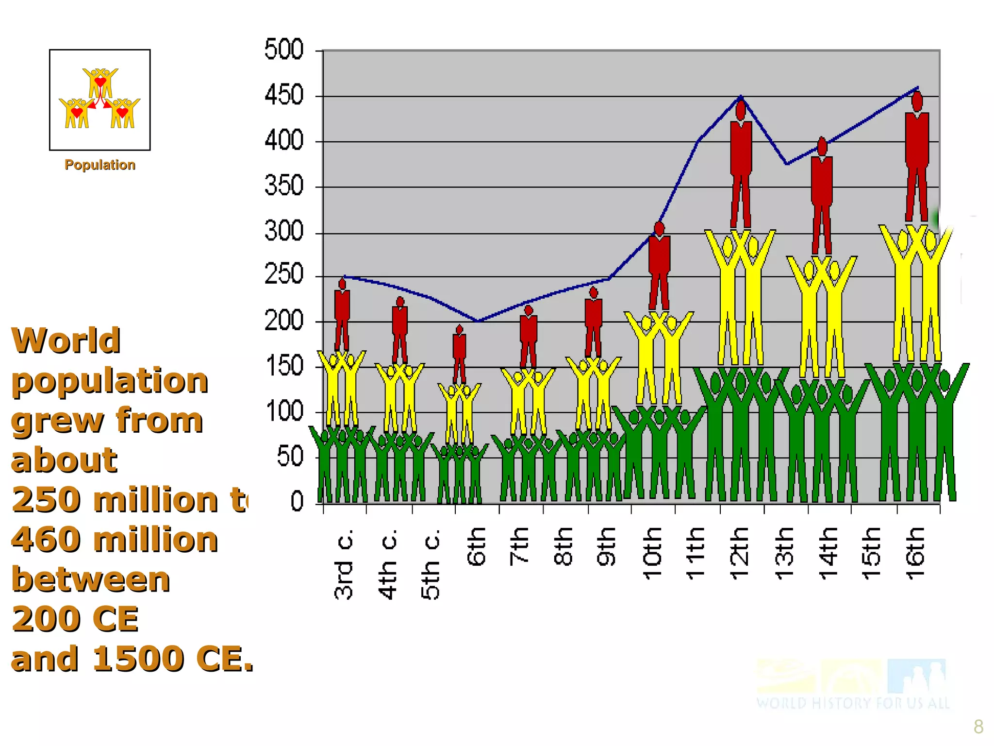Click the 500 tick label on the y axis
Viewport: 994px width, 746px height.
(x=284, y=50)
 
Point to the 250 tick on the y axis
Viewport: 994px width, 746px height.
(x=284, y=275)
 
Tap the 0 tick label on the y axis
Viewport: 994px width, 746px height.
(x=297, y=501)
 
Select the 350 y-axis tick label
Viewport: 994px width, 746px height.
(x=284, y=186)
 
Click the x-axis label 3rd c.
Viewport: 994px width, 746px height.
(x=344, y=563)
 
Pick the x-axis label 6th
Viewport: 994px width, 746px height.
(x=477, y=546)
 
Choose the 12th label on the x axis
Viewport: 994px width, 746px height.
(x=740, y=553)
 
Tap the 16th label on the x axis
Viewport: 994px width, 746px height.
(x=915, y=553)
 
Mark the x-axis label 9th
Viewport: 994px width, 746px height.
(x=607, y=546)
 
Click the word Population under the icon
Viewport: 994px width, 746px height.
(x=100, y=165)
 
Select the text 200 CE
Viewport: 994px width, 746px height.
(x=75, y=619)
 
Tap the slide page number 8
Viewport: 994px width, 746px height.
(x=978, y=727)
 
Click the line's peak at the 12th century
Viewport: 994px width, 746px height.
(x=741, y=96)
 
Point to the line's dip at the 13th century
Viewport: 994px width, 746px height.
(x=787, y=164)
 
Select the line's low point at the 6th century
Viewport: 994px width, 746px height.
(x=478, y=321)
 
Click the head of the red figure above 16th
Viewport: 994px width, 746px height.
(x=917, y=102)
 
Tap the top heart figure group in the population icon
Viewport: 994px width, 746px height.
(x=100, y=82)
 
